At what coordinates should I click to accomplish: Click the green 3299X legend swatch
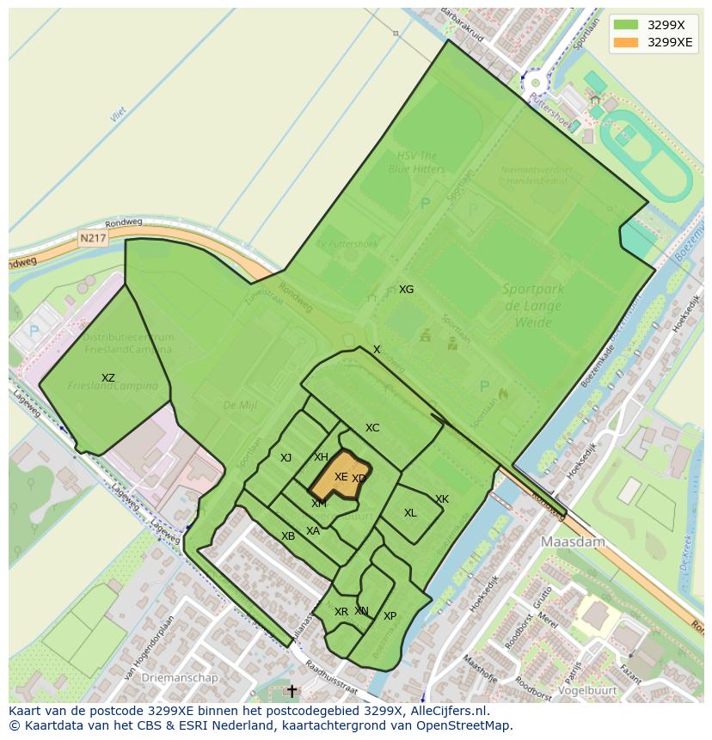[x=626, y=25]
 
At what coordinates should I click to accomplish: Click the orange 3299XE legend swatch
[x=626, y=42]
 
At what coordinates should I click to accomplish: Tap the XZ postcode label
[x=107, y=378]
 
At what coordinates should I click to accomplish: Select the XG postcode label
[x=406, y=290]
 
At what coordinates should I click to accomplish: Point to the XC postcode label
[x=371, y=428]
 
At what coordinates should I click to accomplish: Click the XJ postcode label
[x=285, y=458]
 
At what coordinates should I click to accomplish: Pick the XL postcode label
[x=410, y=513]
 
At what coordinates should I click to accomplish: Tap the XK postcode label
[x=441, y=499]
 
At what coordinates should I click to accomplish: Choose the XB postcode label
[x=288, y=536]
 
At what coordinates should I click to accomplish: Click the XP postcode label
[x=390, y=616]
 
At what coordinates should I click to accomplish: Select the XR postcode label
[x=341, y=612]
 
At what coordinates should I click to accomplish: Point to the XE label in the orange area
[x=341, y=477]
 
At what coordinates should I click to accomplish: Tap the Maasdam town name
[x=573, y=542]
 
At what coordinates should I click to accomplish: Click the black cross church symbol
[x=292, y=690]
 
